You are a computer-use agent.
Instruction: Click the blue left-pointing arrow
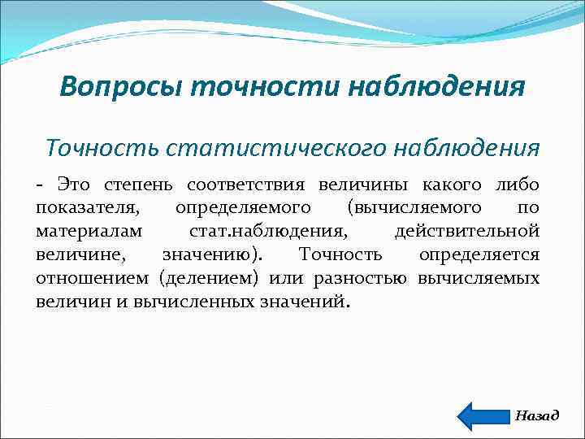[x=483, y=415]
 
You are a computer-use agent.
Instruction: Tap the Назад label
[x=537, y=415]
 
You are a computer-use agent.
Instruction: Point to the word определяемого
[x=242, y=209]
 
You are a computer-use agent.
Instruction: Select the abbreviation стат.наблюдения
[x=263, y=232]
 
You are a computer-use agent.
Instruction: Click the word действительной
[x=466, y=232]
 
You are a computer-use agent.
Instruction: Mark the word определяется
[x=479, y=254]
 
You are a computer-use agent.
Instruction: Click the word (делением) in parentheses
[x=209, y=278]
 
